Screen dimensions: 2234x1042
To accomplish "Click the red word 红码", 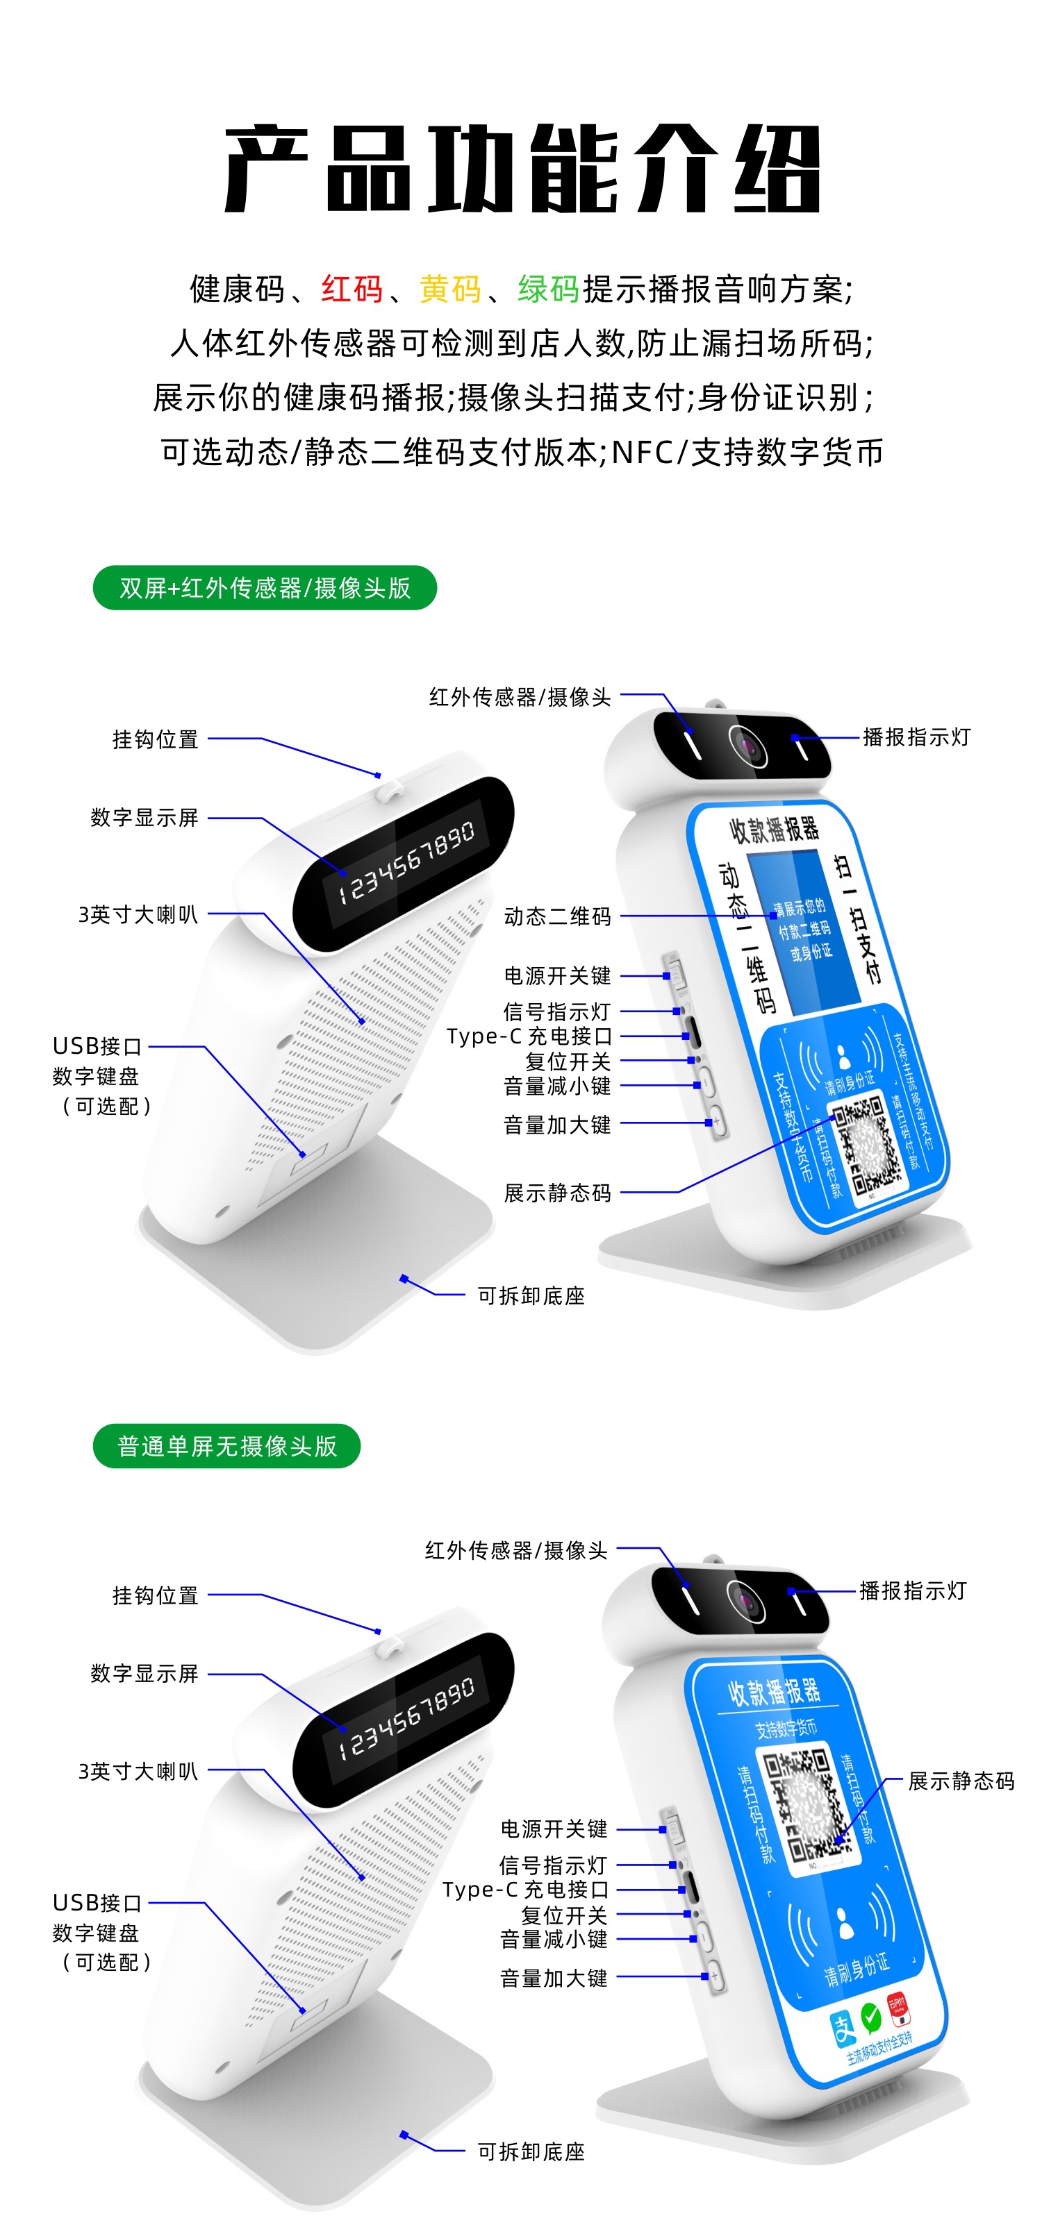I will click(352, 289).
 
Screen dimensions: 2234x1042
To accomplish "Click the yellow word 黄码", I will click(449, 289).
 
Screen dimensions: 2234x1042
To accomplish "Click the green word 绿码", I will click(548, 289).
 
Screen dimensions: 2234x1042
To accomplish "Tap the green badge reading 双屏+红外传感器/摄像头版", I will click(265, 588).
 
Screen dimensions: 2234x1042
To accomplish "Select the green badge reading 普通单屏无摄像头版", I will click(226, 1445).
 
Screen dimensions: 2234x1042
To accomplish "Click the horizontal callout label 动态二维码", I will click(557, 916).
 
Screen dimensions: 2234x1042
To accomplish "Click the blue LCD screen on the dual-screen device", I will click(798, 928).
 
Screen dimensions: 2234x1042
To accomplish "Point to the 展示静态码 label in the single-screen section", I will click(961, 1781).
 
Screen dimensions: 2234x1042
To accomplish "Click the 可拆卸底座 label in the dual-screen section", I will click(531, 1295).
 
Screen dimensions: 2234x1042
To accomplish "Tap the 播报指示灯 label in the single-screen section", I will click(913, 1590).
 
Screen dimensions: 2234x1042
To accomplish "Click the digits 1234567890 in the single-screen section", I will click(407, 1717).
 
